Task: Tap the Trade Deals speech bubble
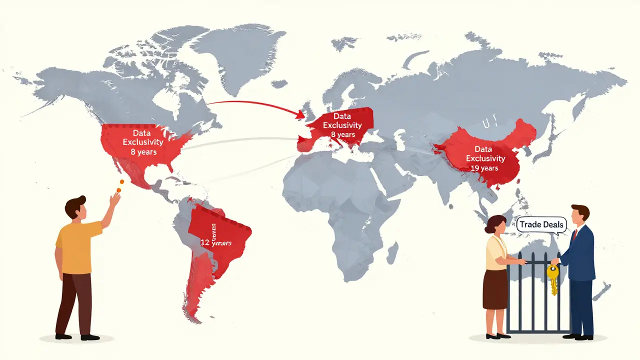point(541,224)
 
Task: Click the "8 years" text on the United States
point(143,152)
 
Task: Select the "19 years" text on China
point(484,168)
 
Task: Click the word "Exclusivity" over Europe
point(339,125)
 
